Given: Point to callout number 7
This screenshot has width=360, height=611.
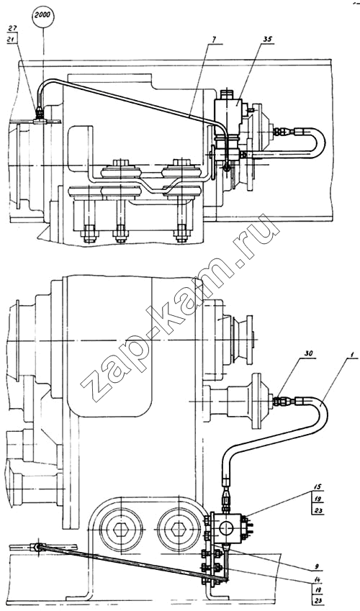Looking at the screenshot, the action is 215,40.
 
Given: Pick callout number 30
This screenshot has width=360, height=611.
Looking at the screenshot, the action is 308,353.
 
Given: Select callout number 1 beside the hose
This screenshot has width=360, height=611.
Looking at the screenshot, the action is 351,356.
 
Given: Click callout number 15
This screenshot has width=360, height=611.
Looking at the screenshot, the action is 318,488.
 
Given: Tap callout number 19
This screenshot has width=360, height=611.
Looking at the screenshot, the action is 318,499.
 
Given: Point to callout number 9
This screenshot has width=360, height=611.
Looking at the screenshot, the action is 317,566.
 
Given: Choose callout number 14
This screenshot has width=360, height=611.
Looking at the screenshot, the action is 317,579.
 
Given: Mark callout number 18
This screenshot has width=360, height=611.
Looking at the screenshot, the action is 317,590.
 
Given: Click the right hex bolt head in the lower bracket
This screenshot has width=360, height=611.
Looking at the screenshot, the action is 176,529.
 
